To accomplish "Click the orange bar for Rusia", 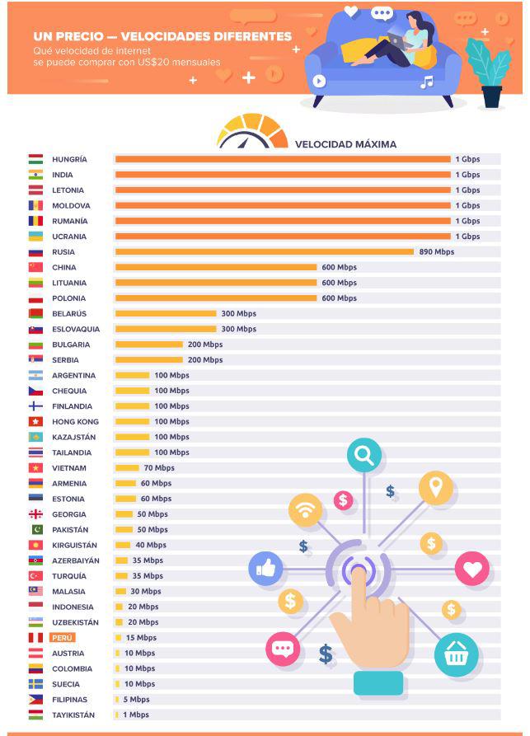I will point(264,252).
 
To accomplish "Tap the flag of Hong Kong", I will point(35,422).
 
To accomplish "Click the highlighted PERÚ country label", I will point(63,638).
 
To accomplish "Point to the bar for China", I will point(216,268).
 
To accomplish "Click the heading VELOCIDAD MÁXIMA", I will point(345,144).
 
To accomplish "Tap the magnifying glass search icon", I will point(363,455).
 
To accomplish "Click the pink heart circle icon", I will point(471,569).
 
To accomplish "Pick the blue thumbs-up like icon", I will point(265,568).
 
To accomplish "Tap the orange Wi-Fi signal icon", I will point(306,510).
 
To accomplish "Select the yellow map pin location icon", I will point(435,488).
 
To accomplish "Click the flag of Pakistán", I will point(35,530).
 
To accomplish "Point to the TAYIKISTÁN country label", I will point(73,715).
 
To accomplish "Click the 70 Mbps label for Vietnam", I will point(159,468).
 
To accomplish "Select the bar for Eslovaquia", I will point(166,329).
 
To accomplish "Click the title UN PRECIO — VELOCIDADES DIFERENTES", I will point(162,36).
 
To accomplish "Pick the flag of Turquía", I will point(35,576).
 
